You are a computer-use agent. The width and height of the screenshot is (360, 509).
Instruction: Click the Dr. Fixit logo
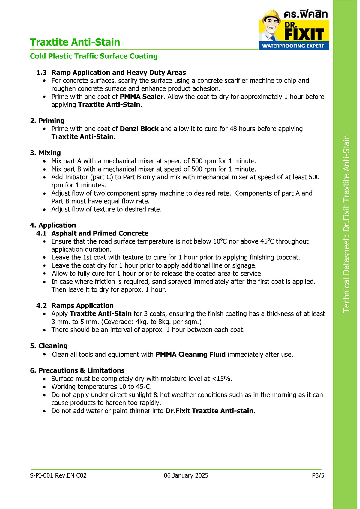pyautogui.click(x=294, y=30)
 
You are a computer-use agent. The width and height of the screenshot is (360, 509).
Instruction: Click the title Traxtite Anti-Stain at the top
pyautogui.click(x=75, y=42)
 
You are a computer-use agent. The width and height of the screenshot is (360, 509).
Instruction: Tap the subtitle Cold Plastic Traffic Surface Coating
pyautogui.click(x=94, y=56)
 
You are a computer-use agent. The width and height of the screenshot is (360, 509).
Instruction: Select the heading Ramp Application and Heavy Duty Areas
pyautogui.click(x=118, y=73)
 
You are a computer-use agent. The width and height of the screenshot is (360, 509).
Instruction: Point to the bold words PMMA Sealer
pyautogui.click(x=142, y=97)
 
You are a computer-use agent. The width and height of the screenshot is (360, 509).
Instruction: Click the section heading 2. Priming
pyautogui.click(x=47, y=121)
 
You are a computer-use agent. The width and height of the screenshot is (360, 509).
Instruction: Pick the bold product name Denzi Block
pyautogui.click(x=139, y=129)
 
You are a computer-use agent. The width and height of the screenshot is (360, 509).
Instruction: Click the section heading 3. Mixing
pyautogui.click(x=45, y=153)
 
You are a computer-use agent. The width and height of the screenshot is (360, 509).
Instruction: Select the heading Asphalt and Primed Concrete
pyautogui.click(x=100, y=233)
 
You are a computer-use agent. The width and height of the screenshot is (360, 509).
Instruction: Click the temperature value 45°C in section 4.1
pyautogui.click(x=267, y=241)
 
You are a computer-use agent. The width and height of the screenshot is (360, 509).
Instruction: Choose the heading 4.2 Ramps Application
pyautogui.click(x=75, y=306)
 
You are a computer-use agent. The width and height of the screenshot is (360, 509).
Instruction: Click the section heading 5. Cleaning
pyautogui.click(x=49, y=346)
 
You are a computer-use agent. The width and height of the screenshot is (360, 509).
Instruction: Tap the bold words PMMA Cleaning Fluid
pyautogui.click(x=190, y=355)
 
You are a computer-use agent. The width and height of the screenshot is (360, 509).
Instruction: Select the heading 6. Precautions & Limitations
pyautogui.click(x=77, y=370)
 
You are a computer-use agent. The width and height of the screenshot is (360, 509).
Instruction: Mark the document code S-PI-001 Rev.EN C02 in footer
pyautogui.click(x=58, y=475)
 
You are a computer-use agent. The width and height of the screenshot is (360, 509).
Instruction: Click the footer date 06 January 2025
pyautogui.click(x=186, y=475)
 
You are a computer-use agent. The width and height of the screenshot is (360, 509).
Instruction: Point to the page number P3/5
pyautogui.click(x=318, y=475)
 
